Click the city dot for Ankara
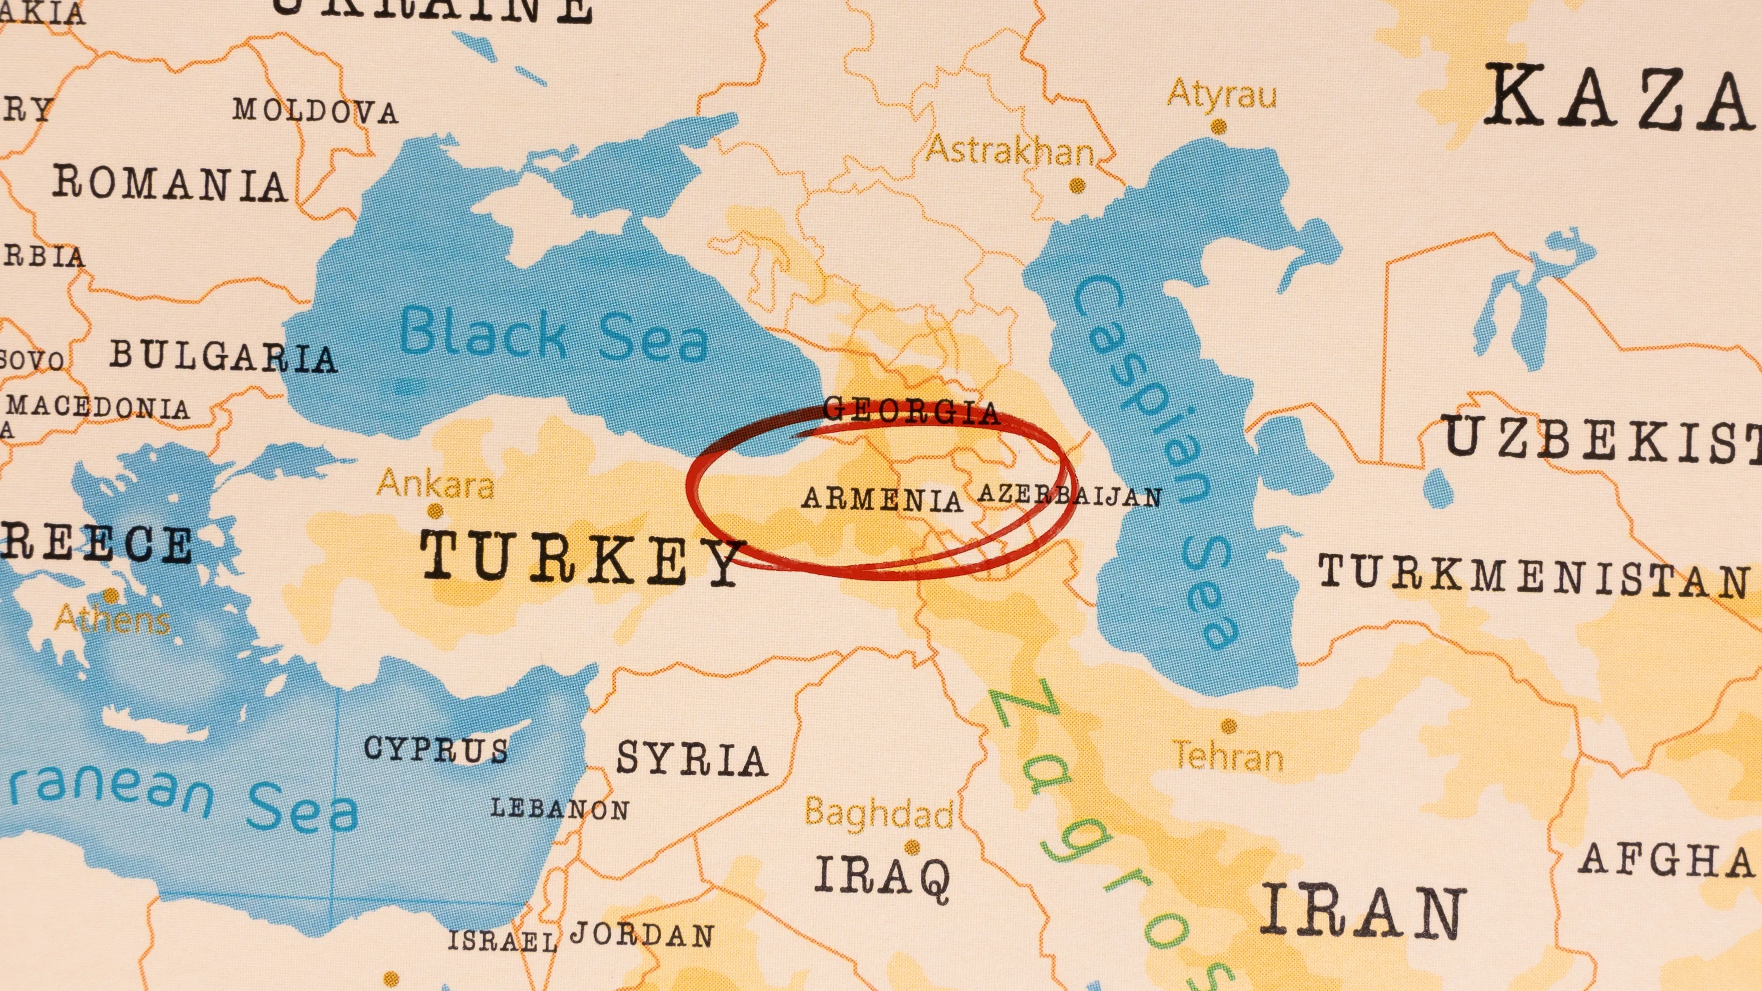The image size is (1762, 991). (435, 510)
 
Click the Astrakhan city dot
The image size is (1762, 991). (1077, 184)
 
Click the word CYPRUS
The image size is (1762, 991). (436, 749)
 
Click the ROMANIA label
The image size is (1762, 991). (170, 184)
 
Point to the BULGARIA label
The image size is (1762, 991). (223, 357)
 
